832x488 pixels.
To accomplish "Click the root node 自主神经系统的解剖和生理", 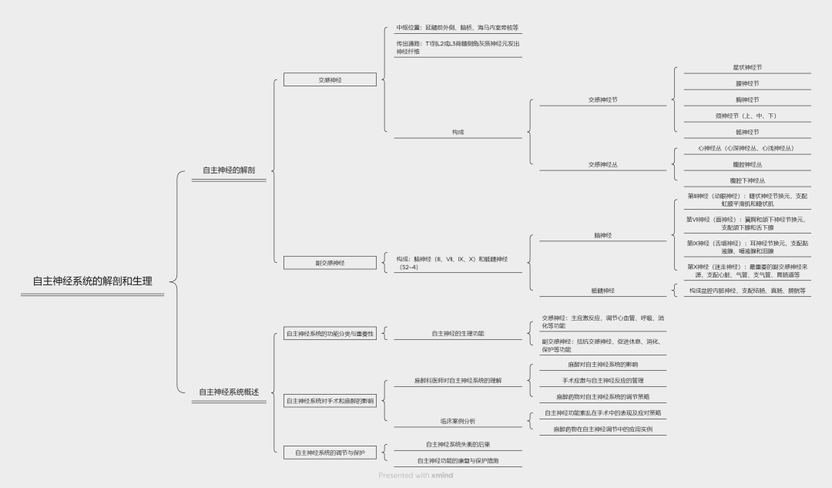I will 92,281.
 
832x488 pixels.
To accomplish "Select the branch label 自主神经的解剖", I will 228,170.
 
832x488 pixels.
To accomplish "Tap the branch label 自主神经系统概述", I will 228,392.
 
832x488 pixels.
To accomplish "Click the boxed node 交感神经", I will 330,79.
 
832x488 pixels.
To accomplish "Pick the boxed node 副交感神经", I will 330,263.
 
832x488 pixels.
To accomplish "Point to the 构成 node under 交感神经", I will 458,132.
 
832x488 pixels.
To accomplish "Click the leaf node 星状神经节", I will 746,67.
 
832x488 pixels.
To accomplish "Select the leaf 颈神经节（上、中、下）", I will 746,116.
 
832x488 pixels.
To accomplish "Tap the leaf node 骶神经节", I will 746,132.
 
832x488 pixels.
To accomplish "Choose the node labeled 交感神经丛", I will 602,164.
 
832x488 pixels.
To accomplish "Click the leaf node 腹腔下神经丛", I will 746,180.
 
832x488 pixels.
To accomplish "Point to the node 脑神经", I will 602,235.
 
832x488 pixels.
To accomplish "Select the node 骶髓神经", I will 602,291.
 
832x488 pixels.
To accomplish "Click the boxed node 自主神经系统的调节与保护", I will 330,453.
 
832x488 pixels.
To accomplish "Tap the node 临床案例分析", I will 458,420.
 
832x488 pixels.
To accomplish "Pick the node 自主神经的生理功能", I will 458,333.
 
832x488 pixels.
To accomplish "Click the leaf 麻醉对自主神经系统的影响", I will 602,364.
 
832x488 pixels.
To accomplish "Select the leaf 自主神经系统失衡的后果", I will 458,444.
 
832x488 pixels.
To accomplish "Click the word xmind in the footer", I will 442,476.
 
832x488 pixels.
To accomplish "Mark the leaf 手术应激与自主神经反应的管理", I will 602,380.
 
